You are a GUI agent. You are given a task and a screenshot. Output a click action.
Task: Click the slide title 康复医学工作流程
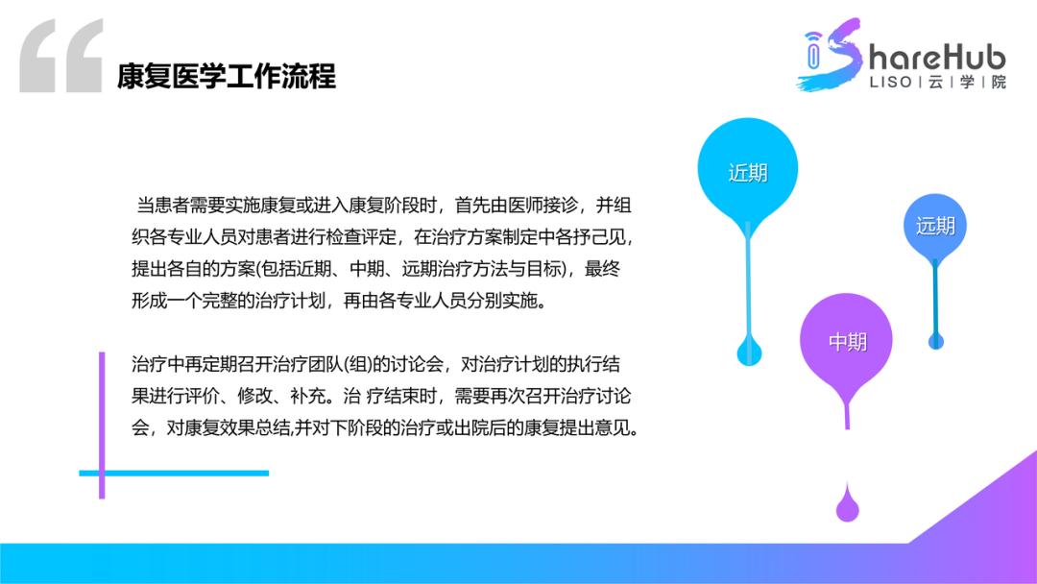coord(227,75)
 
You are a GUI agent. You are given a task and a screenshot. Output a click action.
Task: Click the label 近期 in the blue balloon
coord(748,173)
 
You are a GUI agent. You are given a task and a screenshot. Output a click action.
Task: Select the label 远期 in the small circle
coord(935,226)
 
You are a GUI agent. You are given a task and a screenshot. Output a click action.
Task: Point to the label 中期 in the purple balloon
coord(847,341)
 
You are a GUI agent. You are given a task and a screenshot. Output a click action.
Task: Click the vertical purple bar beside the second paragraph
coord(102,425)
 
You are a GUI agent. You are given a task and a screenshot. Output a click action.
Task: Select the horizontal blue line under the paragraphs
coord(173,473)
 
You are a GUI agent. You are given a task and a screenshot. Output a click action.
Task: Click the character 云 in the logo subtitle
coord(935,83)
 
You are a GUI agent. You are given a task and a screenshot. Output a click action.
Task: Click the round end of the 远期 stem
coord(935,339)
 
